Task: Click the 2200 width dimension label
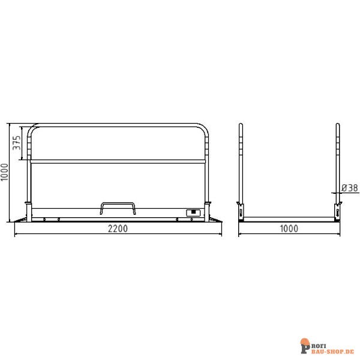(118, 229)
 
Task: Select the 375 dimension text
(17, 142)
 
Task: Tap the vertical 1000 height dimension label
(5, 173)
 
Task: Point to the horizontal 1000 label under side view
(289, 229)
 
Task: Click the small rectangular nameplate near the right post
(193, 212)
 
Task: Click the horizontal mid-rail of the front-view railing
(118, 161)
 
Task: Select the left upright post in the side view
(241, 162)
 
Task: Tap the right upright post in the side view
(338, 162)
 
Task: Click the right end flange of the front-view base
(215, 220)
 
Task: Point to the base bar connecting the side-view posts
(289, 218)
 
